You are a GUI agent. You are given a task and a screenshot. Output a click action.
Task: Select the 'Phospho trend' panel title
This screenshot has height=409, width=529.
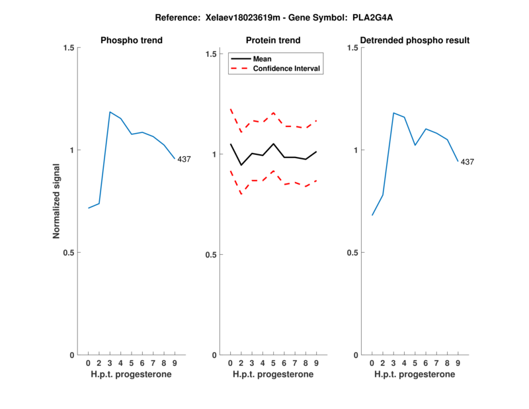(132, 40)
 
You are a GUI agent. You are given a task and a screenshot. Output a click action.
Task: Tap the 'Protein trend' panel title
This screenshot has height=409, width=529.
(273, 40)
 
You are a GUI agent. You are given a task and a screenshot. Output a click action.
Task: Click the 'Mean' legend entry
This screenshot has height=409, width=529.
(263, 59)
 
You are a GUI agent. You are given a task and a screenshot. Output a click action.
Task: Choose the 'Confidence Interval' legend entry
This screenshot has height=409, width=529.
(287, 68)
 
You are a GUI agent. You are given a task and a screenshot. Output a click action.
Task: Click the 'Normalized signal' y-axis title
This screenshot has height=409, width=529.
(56, 201)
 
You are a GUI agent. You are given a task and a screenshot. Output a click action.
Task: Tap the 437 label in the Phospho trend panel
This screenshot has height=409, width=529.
(184, 159)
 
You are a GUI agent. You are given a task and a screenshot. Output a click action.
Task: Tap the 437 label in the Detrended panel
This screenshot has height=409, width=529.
(468, 161)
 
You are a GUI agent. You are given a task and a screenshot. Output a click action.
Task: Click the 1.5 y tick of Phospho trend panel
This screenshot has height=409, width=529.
(68, 48)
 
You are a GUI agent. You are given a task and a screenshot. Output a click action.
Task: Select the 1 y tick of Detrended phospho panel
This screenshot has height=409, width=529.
(354, 150)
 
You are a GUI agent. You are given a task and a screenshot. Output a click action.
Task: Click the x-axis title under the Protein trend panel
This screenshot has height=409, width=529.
(273, 375)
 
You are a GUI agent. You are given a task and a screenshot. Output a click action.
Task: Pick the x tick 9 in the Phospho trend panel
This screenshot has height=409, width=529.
(175, 363)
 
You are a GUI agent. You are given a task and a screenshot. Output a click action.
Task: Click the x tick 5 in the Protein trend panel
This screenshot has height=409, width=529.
(273, 363)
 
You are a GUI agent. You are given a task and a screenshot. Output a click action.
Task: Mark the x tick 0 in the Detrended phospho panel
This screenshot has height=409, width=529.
(372, 363)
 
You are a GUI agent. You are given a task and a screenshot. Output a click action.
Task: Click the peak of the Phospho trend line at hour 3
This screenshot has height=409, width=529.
(110, 112)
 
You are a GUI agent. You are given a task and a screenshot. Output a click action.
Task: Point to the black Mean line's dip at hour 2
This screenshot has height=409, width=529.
(241, 165)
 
